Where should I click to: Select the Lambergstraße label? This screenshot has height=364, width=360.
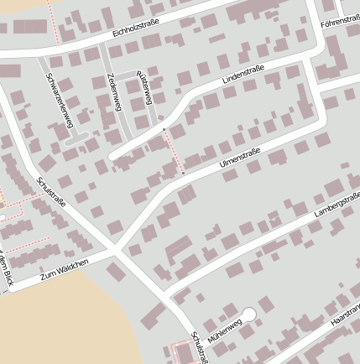pyautogui.click(x=335, y=205)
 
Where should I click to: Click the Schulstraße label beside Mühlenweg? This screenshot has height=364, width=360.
pyautogui.click(x=198, y=346)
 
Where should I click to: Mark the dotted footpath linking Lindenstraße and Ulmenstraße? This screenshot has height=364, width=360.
pyautogui.click(x=174, y=153)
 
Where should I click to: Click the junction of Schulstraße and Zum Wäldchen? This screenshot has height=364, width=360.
pyautogui.click(x=114, y=250)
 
